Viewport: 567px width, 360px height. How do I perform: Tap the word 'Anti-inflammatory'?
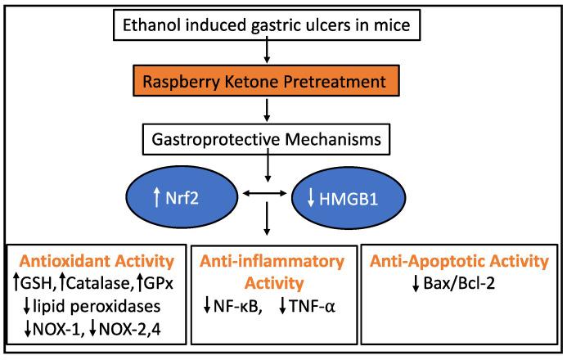(x=279, y=263)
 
